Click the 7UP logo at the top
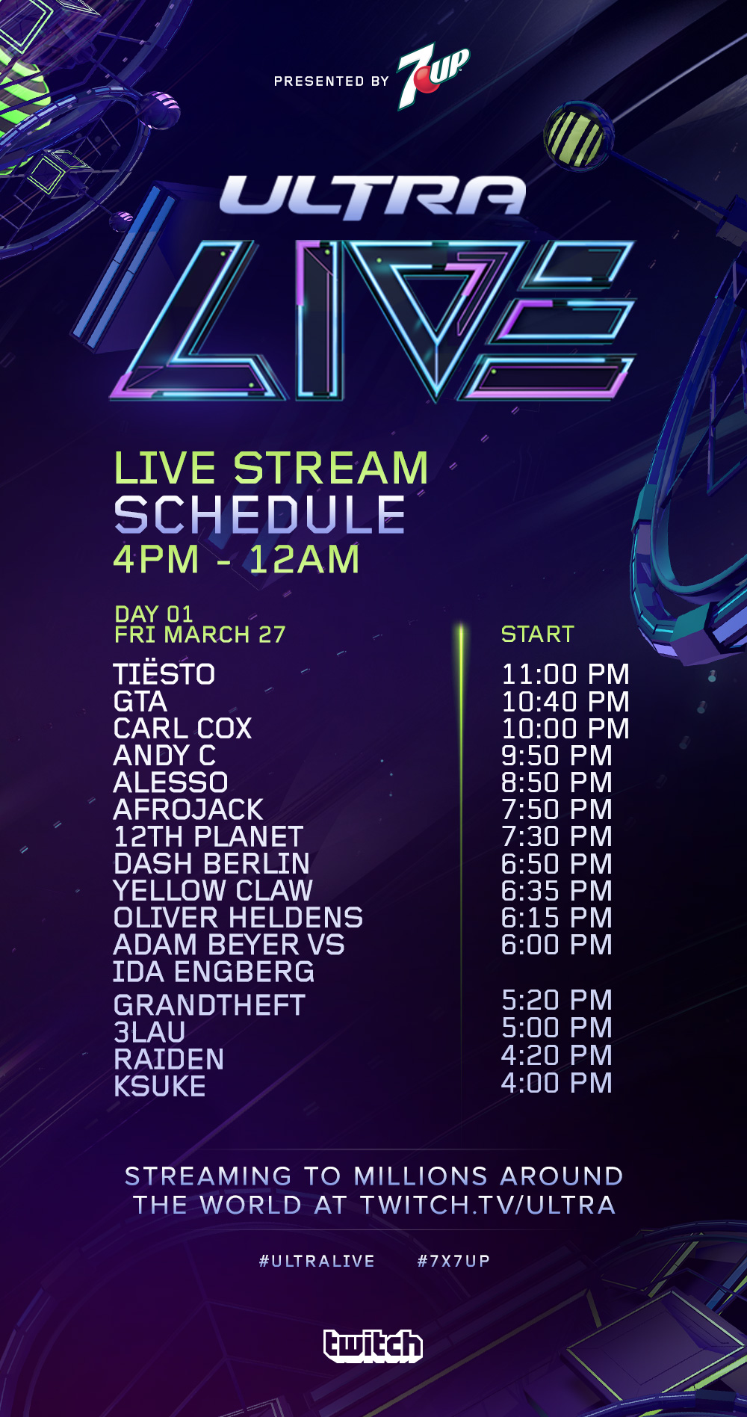click(x=433, y=77)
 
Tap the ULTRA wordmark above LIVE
click(x=373, y=197)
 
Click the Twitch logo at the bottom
click(x=373, y=1345)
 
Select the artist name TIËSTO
click(x=164, y=673)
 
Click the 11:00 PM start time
click(x=565, y=674)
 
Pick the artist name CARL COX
click(x=183, y=729)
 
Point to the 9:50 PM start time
click(x=557, y=756)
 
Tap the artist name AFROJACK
click(x=188, y=809)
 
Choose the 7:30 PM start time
click(x=557, y=836)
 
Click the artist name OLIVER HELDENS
click(x=238, y=918)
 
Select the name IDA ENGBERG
click(x=214, y=972)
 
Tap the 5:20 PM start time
click(x=557, y=1000)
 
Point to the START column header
click(x=537, y=635)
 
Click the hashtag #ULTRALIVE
click(x=317, y=1261)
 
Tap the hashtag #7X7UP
click(x=453, y=1261)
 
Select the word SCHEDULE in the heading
click(x=260, y=515)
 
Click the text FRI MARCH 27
click(x=200, y=635)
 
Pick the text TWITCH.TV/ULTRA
click(x=488, y=1205)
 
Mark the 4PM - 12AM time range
click(x=237, y=559)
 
